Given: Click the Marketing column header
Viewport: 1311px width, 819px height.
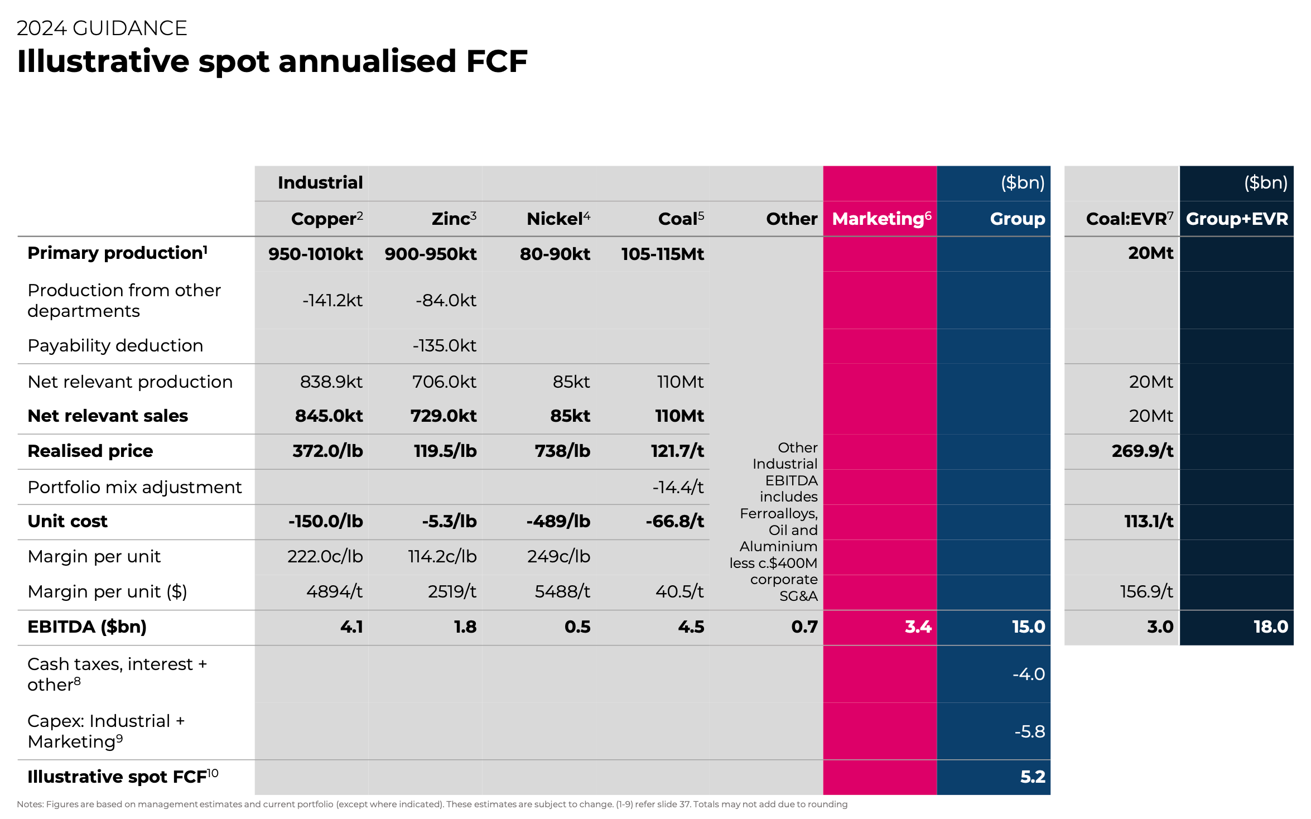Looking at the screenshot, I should point(881,219).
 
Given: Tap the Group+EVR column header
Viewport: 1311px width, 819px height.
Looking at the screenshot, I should point(1236,219).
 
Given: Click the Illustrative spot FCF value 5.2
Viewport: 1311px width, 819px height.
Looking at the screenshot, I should point(1032,777).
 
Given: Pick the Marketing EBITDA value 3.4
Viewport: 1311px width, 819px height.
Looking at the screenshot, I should point(918,627).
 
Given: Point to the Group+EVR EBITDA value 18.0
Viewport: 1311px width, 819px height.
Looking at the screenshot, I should point(1270,627).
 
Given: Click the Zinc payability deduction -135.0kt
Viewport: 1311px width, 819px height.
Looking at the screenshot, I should point(444,345).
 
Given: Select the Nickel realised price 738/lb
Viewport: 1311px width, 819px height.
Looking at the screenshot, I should point(562,451).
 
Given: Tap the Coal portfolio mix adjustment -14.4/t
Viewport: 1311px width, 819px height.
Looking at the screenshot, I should point(678,487).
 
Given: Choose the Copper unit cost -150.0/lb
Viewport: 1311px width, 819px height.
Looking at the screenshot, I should point(325,521).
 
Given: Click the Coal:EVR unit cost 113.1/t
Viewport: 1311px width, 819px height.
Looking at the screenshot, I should point(1148,521).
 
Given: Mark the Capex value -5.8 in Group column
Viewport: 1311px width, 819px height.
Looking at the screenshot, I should point(1029,731).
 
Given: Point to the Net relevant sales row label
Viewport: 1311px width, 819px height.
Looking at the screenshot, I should point(108,416).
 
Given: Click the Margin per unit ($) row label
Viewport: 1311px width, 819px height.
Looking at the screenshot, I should point(107,591).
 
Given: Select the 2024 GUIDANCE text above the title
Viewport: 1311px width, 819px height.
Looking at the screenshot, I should point(102,28).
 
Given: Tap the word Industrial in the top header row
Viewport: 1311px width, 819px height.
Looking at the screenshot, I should point(320,182).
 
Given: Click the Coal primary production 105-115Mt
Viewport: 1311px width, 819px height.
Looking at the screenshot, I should point(662,254).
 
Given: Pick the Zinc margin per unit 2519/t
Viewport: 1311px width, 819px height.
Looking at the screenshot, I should point(451,591).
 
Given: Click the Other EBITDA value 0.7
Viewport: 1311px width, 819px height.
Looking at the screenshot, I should point(804,627).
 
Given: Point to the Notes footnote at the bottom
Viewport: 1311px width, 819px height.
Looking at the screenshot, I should point(432,804).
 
